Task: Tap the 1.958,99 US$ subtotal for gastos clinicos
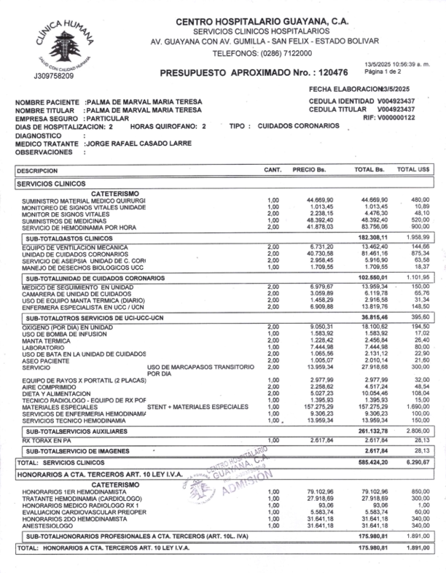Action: coord(418,238)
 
